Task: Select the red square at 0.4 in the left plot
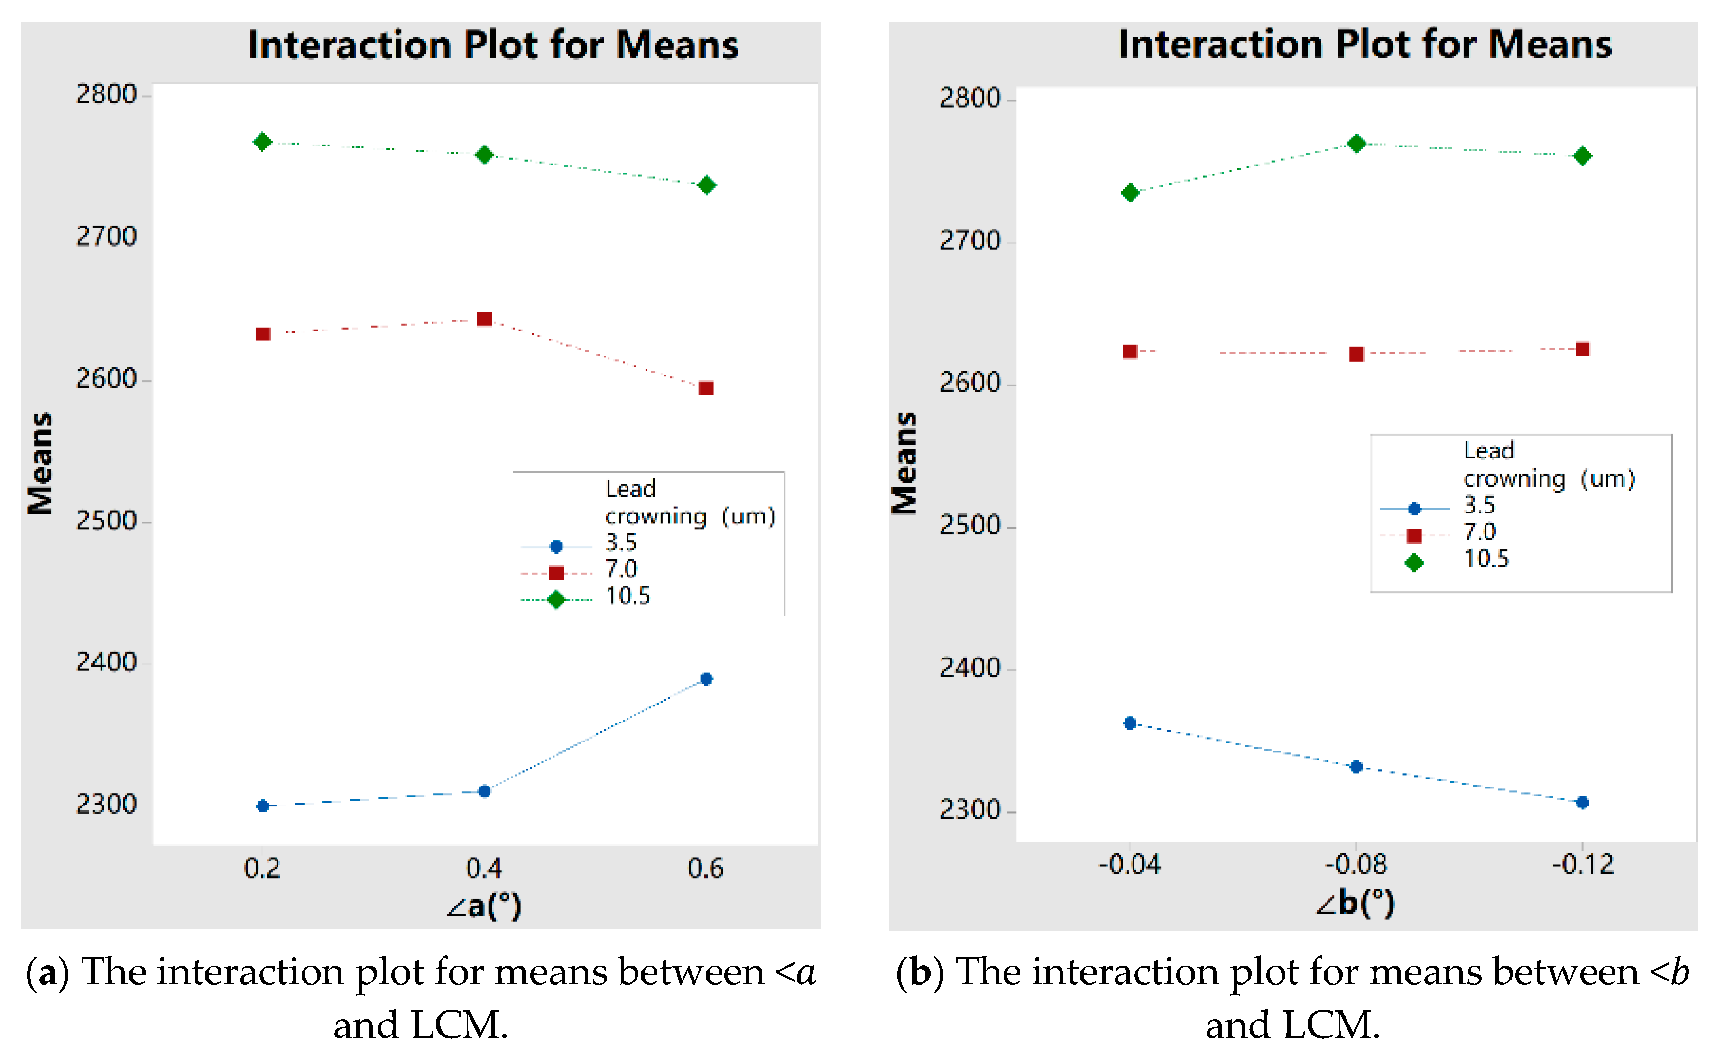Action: coord(484,319)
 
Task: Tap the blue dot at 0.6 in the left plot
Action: coord(707,679)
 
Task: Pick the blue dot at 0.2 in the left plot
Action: coord(262,806)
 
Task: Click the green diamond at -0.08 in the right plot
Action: coord(1357,144)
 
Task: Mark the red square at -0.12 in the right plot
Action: coord(1583,349)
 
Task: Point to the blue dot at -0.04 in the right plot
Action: coord(1130,723)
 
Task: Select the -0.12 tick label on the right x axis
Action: coord(1583,864)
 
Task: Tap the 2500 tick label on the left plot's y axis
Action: coord(106,521)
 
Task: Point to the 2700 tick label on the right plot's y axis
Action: coord(970,241)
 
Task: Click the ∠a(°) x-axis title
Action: coord(484,906)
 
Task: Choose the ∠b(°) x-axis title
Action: coord(1356,902)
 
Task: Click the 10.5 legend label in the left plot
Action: coord(628,596)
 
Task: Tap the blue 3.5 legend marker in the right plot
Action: coord(1414,509)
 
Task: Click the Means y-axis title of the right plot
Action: coord(905,464)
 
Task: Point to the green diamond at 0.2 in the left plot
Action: coord(262,142)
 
